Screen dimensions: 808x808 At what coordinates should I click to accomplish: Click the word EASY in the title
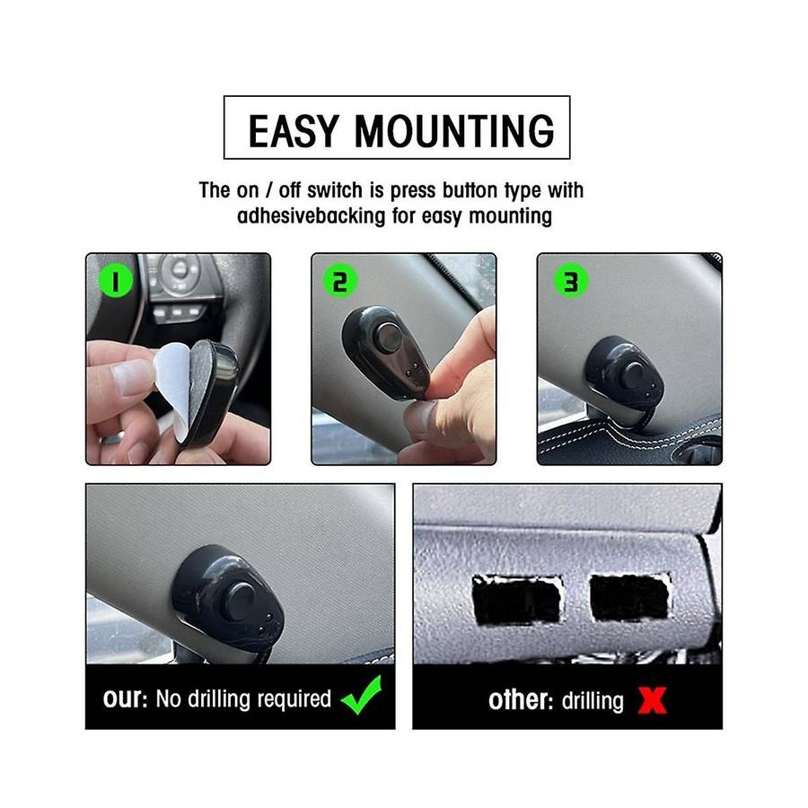pyautogui.click(x=294, y=131)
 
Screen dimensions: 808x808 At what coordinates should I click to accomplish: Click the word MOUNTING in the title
pyautogui.click(x=454, y=131)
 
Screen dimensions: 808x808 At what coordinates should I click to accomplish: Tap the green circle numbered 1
pyautogui.click(x=116, y=281)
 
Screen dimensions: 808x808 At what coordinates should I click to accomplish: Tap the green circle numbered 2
pyautogui.click(x=340, y=281)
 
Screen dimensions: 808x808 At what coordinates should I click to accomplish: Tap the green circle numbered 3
pyautogui.click(x=571, y=281)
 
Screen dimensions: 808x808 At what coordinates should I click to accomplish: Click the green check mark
pyautogui.click(x=362, y=695)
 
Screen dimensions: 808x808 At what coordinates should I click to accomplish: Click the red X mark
pyautogui.click(x=653, y=700)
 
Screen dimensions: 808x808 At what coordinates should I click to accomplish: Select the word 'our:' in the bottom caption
pyautogui.click(x=125, y=698)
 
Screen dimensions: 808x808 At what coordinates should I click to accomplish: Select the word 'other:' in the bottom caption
pyautogui.click(x=521, y=700)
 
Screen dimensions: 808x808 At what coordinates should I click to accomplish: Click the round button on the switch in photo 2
pyautogui.click(x=389, y=337)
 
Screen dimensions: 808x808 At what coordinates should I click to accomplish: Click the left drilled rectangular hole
pyautogui.click(x=516, y=600)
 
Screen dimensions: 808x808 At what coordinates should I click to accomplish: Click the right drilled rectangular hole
pyautogui.click(x=629, y=597)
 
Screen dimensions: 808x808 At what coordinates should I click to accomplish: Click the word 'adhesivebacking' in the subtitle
pyautogui.click(x=311, y=215)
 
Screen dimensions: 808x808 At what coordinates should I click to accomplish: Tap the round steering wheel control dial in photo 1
pyautogui.click(x=180, y=268)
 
